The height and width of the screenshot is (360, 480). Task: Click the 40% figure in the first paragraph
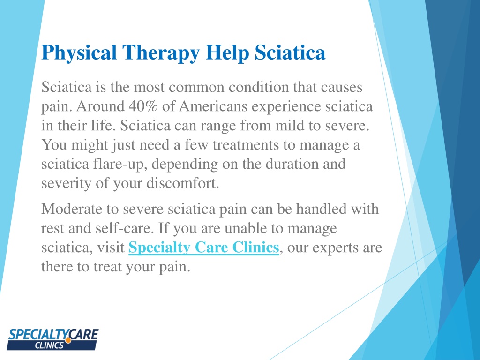[x=142, y=106]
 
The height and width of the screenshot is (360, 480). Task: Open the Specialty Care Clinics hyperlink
[x=204, y=247]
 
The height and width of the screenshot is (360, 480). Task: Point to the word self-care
[x=126, y=228]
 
